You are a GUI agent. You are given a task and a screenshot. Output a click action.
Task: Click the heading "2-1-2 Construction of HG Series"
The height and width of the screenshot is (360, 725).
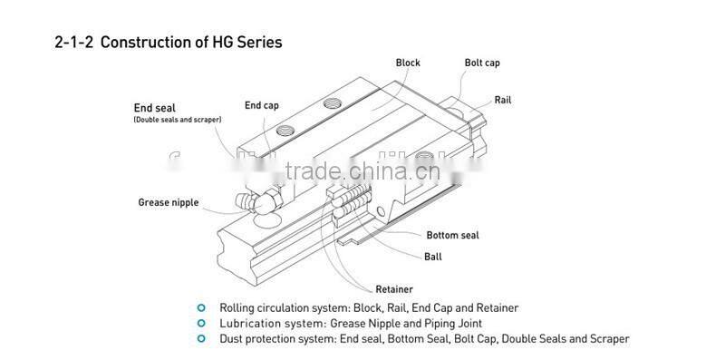coord(169,42)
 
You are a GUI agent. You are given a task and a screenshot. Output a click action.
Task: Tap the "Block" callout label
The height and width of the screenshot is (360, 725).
coord(409,63)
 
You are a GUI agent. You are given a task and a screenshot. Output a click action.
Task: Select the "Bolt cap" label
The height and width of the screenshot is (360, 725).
coord(481,63)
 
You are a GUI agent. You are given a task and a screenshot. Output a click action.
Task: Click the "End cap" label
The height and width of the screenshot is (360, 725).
coord(262,105)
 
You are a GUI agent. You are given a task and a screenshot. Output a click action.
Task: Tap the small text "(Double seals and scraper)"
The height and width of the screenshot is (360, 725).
coord(178,120)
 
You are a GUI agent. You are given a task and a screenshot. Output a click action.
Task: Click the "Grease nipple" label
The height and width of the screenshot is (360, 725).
coord(168,202)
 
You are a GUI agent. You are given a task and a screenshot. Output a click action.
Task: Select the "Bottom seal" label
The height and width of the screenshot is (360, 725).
coord(452,235)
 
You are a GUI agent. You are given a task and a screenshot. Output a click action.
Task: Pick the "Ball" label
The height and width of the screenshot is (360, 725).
coord(433,257)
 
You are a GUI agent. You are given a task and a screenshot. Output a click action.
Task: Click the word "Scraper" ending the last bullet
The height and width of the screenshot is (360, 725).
coord(607,338)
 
